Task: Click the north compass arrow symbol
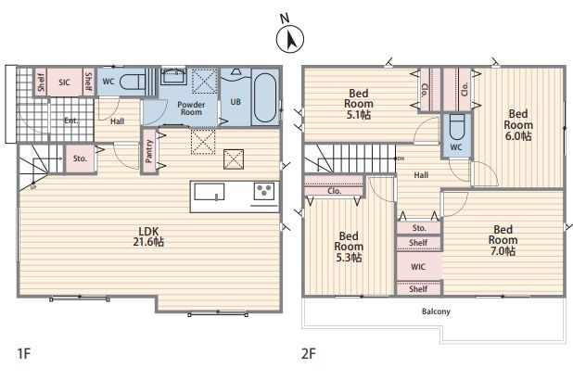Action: click(x=290, y=39)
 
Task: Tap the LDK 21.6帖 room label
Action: click(x=148, y=236)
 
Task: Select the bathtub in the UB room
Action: click(x=265, y=97)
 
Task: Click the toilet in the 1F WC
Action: click(x=132, y=82)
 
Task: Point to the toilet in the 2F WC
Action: click(x=456, y=127)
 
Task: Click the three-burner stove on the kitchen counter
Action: click(x=264, y=191)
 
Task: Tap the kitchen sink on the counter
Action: click(x=209, y=192)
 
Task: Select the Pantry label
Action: click(x=149, y=151)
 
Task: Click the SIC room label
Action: click(x=64, y=83)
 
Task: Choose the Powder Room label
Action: click(x=191, y=108)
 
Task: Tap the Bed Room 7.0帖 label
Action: click(x=503, y=240)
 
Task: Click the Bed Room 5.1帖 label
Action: click(x=359, y=104)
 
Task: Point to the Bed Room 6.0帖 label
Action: click(x=518, y=125)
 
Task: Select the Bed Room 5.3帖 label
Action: click(x=349, y=247)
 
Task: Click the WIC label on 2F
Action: click(x=418, y=267)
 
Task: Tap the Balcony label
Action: click(x=436, y=311)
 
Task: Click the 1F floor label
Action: click(x=24, y=353)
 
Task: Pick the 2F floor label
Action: click(x=309, y=353)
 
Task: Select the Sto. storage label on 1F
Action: click(x=80, y=159)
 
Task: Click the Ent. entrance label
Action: click(x=70, y=121)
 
